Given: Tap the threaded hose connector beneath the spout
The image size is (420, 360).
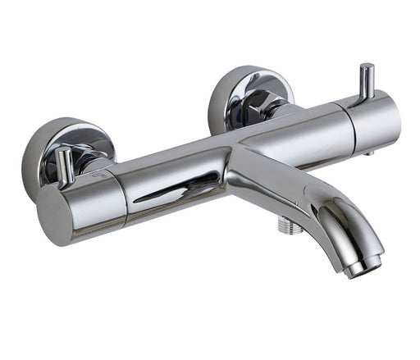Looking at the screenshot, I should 285,223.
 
